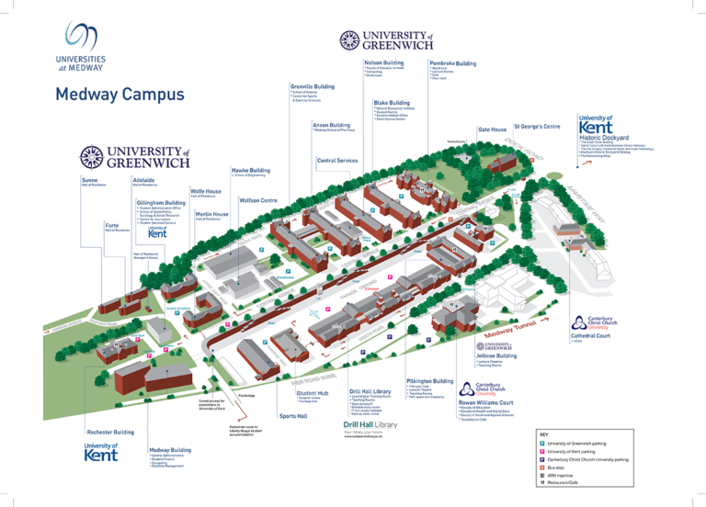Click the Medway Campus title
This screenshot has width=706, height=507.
coord(120,96)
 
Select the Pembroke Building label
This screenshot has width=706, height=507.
coord(452,63)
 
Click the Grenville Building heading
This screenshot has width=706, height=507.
coord(312,86)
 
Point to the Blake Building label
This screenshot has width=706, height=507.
coord(392,103)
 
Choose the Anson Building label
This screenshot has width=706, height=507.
coord(331,124)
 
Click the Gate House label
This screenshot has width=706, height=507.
coord(492,130)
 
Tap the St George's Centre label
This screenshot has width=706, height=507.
coord(537,126)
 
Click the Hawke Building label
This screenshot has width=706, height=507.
coord(250,170)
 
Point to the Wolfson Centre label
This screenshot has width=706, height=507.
coord(258,199)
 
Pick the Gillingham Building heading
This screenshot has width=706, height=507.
coord(161,201)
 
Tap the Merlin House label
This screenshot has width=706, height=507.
coord(212,212)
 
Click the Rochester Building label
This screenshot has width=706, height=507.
coord(110,431)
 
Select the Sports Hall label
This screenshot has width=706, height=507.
coord(294,416)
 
